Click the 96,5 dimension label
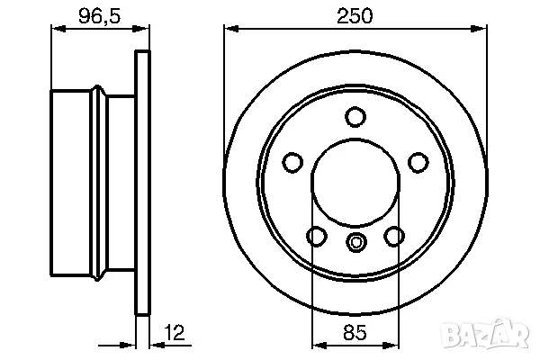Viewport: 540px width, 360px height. (x=100, y=16)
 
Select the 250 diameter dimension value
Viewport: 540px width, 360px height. (x=355, y=16)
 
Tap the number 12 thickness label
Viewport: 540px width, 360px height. (x=175, y=332)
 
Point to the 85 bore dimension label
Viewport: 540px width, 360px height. (x=355, y=332)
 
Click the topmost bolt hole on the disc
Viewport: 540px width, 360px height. (x=355, y=116)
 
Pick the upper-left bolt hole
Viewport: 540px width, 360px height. (x=292, y=162)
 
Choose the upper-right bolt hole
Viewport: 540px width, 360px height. (x=418, y=162)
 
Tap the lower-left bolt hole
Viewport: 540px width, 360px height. (x=317, y=236)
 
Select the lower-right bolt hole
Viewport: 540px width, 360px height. (x=394, y=236)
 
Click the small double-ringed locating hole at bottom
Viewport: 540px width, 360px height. (x=355, y=241)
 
